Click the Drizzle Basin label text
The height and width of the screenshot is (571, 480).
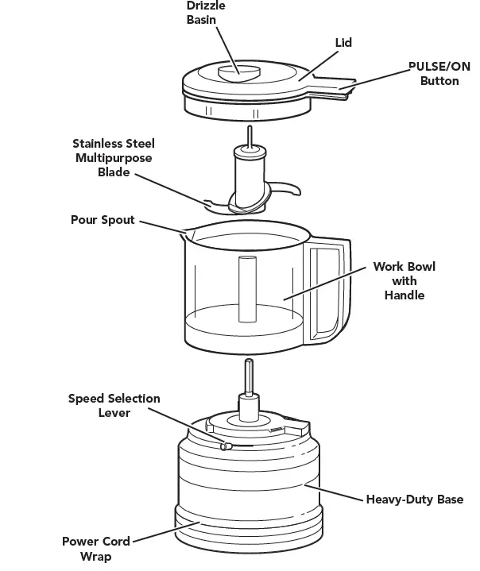click(x=206, y=13)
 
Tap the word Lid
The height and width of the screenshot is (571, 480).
click(x=343, y=42)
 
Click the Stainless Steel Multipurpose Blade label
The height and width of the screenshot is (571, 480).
click(x=114, y=157)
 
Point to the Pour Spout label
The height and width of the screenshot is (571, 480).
click(x=103, y=220)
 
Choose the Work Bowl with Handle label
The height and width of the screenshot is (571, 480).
click(x=404, y=280)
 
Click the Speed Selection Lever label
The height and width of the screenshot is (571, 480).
click(x=114, y=405)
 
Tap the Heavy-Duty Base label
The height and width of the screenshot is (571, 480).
click(x=414, y=500)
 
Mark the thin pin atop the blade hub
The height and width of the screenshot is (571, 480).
click(x=250, y=136)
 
